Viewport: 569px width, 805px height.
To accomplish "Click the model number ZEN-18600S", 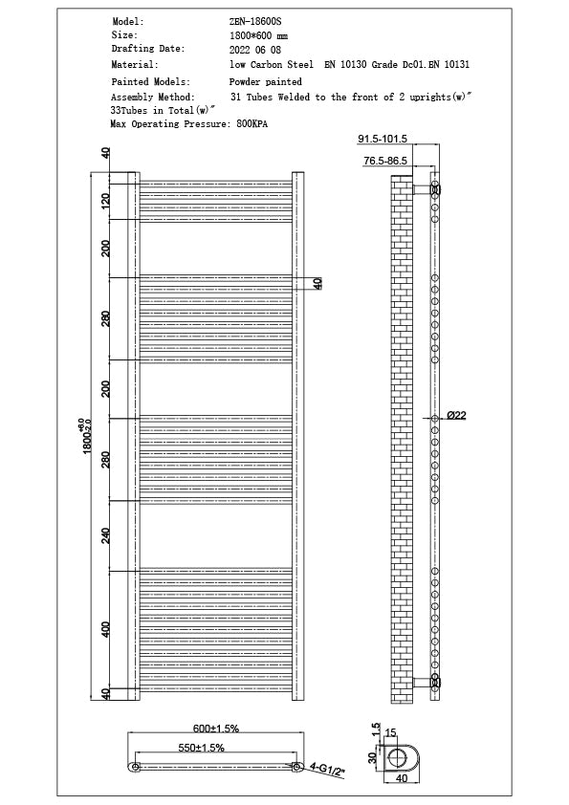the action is tap(254, 21).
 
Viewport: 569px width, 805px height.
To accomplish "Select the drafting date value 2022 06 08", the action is tap(255, 49).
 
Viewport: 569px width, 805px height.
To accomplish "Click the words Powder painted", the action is tap(265, 83).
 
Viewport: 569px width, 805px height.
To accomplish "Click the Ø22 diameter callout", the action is tap(456, 415).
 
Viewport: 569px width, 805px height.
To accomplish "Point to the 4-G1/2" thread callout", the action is tap(326, 768).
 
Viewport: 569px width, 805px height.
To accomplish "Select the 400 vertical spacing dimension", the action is tap(106, 629).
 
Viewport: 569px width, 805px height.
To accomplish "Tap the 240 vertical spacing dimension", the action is tap(106, 536).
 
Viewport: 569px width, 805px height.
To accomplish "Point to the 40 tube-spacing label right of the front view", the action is tap(318, 283).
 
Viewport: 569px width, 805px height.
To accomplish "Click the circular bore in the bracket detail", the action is tap(398, 758).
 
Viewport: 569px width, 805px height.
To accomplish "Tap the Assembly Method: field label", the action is tap(152, 98).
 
